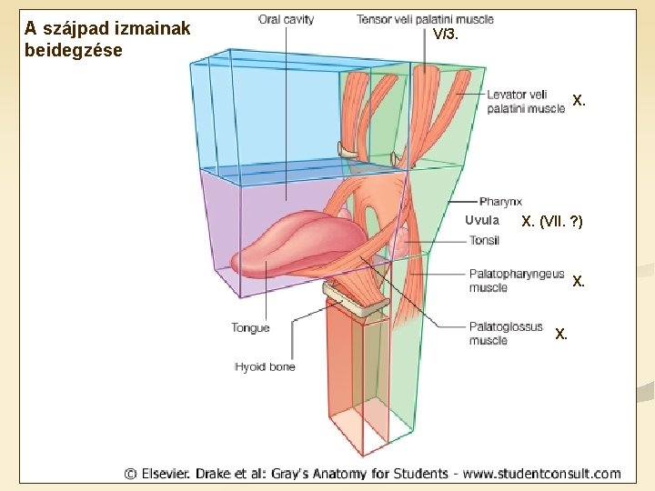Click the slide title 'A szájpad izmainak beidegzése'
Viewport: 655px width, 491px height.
(107, 39)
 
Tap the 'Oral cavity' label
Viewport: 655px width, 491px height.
(286, 19)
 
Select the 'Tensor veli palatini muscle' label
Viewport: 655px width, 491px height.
(425, 19)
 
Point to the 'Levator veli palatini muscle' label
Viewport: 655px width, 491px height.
(526, 101)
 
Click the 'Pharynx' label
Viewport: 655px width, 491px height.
(500, 202)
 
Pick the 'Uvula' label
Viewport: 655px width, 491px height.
(482, 220)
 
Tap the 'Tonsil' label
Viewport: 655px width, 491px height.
(485, 240)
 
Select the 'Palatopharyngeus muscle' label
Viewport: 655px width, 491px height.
(516, 280)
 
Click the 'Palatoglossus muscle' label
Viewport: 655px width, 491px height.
(506, 333)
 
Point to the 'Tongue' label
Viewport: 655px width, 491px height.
(250, 328)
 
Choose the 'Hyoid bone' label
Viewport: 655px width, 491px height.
(265, 366)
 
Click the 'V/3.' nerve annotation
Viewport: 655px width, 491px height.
(446, 35)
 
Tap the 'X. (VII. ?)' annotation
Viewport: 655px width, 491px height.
(552, 221)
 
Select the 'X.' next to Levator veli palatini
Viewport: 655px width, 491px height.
(579, 101)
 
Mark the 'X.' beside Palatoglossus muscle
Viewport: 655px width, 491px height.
(561, 334)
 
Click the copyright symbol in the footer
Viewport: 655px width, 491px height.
(131, 473)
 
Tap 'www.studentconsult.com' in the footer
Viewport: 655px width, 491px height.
(543, 473)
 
